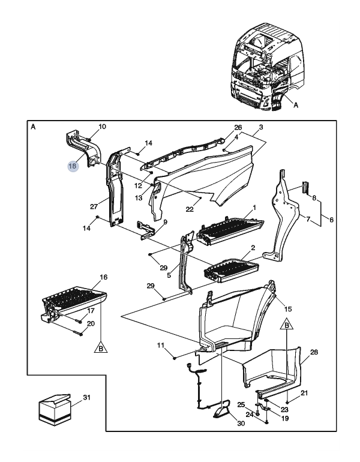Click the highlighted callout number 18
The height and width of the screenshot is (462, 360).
[73, 166]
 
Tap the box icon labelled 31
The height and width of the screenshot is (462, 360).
[55, 410]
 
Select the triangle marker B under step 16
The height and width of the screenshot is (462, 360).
[101, 347]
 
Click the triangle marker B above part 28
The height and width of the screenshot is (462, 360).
[287, 324]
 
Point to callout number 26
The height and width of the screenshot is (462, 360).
[238, 127]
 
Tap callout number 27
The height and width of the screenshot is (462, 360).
[94, 206]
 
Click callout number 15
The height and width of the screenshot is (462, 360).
[288, 309]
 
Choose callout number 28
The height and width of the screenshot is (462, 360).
[314, 352]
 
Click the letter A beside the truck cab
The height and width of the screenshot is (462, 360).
[296, 105]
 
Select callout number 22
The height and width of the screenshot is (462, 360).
[190, 209]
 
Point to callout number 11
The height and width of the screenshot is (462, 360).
[161, 346]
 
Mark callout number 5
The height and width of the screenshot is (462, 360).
[169, 276]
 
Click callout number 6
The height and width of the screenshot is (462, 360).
[331, 220]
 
